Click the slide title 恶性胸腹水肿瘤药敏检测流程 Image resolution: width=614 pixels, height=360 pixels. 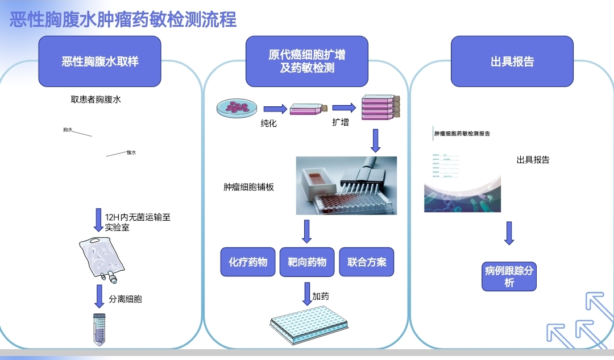[x=123, y=19]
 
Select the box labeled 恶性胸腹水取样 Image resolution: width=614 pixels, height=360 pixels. [x=99, y=61]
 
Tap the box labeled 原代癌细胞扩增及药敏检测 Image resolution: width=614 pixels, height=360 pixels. [x=306, y=61]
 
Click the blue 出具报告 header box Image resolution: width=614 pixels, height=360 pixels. [x=512, y=61]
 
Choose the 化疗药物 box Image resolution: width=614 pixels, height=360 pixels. [x=248, y=262]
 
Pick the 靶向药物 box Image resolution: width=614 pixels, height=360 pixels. [x=307, y=262]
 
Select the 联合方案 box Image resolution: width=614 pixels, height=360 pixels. [x=367, y=262]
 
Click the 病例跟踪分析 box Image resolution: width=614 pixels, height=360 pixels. [x=509, y=276]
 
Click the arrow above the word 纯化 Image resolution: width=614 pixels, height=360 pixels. [x=275, y=108]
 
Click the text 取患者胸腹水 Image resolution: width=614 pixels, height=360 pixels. [x=96, y=100]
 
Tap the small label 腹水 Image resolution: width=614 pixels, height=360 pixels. [x=131, y=152]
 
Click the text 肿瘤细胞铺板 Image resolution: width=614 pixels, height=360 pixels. [x=249, y=187]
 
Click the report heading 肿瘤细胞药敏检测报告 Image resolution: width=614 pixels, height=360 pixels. [x=462, y=134]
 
